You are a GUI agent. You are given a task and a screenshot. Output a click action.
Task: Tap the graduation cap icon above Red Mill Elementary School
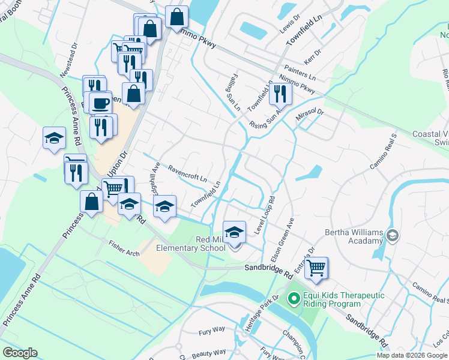pos(234,231)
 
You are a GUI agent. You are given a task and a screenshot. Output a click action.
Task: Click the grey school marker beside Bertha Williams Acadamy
pos(393,235)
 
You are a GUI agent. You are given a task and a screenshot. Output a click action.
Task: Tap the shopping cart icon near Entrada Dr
pos(316,267)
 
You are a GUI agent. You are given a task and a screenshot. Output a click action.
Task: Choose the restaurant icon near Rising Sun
pos(280,93)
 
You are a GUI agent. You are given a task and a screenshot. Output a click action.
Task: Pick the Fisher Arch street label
pos(124,248)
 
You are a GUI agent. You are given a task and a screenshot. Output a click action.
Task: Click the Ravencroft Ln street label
pos(187,174)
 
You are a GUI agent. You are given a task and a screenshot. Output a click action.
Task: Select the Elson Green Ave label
pos(283,239)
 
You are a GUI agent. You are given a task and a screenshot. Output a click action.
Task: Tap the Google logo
pos(19,353)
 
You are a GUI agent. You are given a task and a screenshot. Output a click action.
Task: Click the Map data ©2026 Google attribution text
pos(411,355)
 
